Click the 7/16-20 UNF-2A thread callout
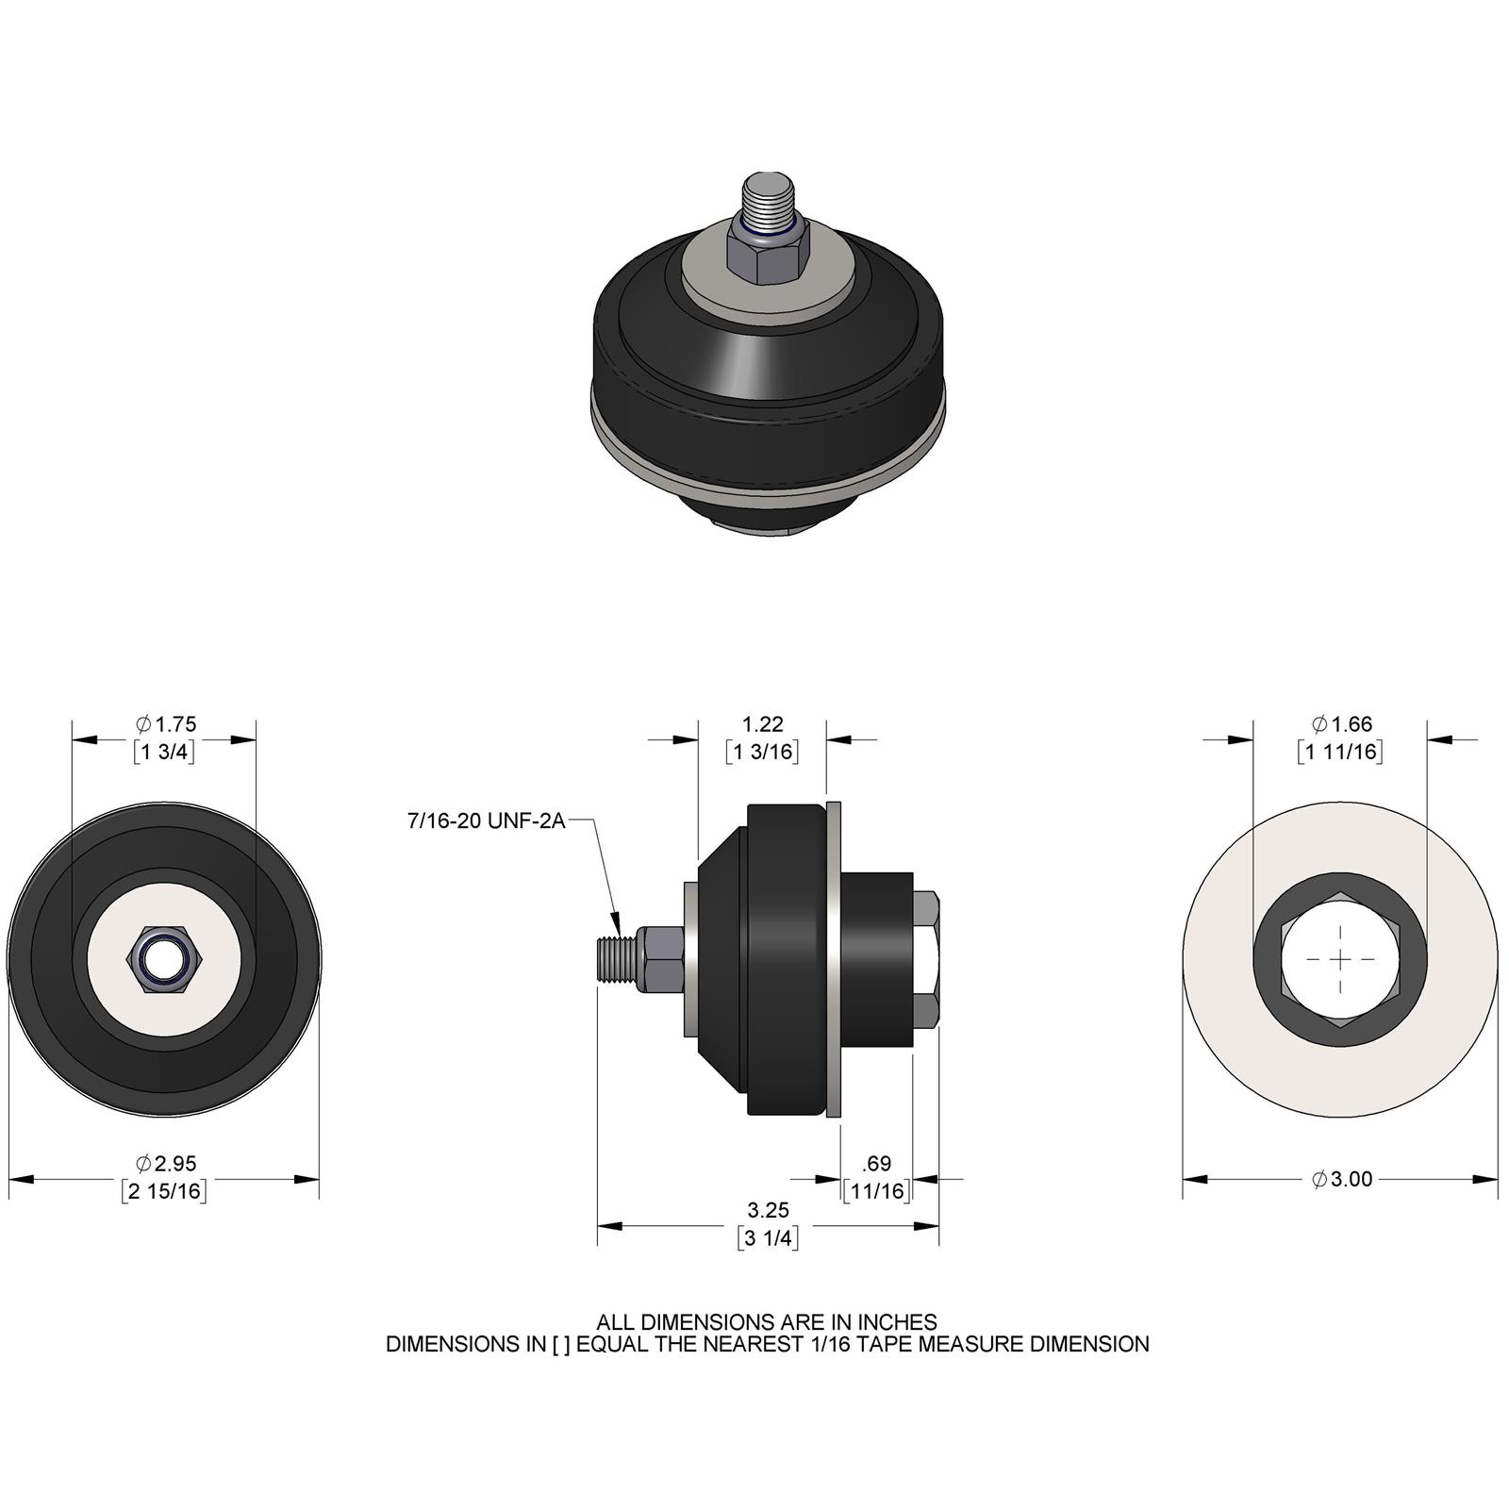click(486, 821)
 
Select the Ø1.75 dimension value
click(166, 724)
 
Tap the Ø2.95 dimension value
click(166, 1164)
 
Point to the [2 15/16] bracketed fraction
click(164, 1191)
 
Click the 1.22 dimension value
click(762, 724)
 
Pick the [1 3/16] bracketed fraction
click(762, 752)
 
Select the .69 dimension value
click(877, 1164)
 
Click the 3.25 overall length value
click(768, 1210)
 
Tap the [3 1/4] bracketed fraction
click(768, 1238)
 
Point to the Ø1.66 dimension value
click(1341, 724)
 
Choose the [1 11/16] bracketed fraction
click(1339, 752)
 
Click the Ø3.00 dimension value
click(1341, 1179)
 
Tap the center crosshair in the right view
click(1340, 958)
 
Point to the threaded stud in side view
click(618, 959)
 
